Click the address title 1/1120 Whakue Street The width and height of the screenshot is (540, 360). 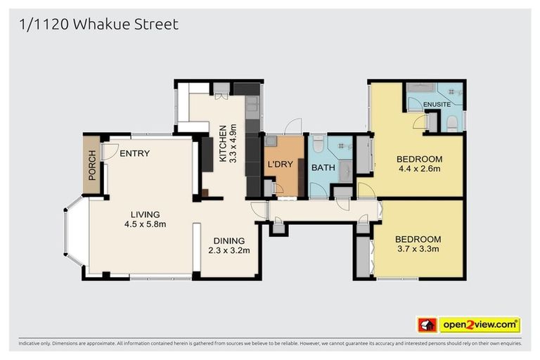[98, 25]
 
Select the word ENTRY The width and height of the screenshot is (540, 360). [134, 153]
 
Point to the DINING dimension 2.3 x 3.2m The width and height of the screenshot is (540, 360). [229, 250]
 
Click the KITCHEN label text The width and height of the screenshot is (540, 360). [224, 144]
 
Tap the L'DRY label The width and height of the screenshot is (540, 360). [279, 165]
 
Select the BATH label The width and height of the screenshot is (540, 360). [323, 167]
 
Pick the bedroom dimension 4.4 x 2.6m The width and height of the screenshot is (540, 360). [418, 169]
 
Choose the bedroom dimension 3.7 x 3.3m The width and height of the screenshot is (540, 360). [418, 250]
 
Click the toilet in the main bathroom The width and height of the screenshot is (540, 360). [319, 146]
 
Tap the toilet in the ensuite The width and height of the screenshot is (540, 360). [452, 123]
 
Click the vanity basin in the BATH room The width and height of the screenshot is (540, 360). [346, 169]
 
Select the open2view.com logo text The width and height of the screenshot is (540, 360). [480, 325]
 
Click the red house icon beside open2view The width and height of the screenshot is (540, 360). [427, 325]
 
